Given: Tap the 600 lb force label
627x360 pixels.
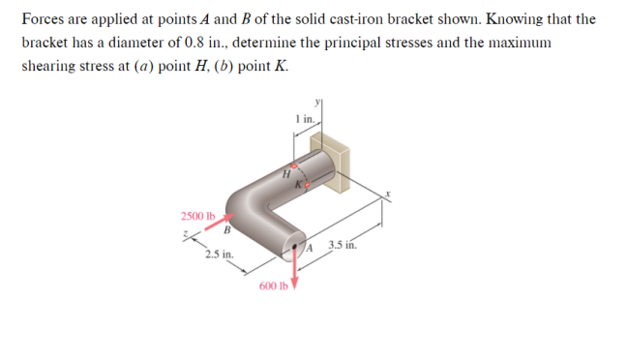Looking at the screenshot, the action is [x=274, y=286].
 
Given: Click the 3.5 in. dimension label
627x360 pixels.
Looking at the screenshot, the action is [x=343, y=244].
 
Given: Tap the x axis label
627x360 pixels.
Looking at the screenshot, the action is [x=388, y=194].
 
